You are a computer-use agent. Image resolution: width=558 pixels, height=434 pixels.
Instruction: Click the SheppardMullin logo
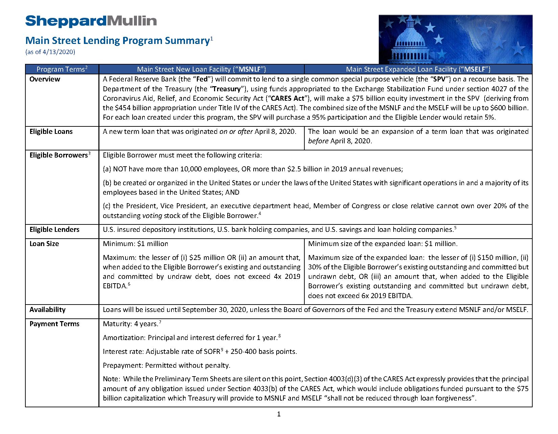pos(91,21)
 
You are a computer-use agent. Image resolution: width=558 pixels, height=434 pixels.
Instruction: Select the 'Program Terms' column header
pos(62,69)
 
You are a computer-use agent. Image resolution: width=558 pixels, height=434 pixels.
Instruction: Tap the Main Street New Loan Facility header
pos(202,69)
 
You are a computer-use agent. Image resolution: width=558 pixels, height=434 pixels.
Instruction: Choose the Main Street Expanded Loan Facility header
pos(418,69)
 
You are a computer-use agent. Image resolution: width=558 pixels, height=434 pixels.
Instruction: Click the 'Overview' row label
pos(45,79)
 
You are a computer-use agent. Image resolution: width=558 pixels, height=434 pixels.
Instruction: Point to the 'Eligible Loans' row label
pos(51,131)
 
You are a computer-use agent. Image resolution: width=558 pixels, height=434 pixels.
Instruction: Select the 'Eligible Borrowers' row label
pos(59,155)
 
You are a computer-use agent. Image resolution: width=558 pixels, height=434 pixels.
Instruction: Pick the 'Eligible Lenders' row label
pos(54,230)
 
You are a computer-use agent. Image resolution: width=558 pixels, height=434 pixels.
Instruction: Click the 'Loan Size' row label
pos(44,244)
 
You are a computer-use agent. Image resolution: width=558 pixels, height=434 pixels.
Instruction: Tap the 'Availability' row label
pos(47,310)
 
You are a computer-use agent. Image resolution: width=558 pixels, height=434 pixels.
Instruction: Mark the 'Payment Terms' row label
pos(54,324)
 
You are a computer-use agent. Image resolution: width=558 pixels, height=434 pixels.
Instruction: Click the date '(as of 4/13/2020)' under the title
pos(50,52)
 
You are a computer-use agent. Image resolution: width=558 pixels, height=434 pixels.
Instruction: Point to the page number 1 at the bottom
pos(279,414)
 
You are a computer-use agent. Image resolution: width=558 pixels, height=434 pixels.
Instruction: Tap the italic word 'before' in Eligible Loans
pos(318,141)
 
